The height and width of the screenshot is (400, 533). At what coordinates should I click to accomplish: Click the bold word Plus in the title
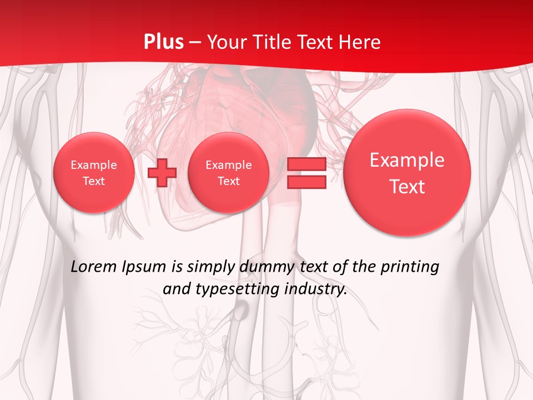(164, 42)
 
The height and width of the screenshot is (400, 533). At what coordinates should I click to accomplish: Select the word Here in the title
(361, 42)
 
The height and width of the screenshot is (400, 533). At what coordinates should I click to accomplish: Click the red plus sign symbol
(162, 173)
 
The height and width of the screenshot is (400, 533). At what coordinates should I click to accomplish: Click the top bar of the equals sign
(306, 164)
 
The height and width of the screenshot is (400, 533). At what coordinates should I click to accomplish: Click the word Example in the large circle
(407, 160)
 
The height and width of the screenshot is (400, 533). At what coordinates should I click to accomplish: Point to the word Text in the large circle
(407, 187)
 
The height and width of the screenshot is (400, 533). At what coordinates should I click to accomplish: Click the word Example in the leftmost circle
(94, 165)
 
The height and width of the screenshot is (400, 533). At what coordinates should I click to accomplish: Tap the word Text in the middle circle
(229, 181)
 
